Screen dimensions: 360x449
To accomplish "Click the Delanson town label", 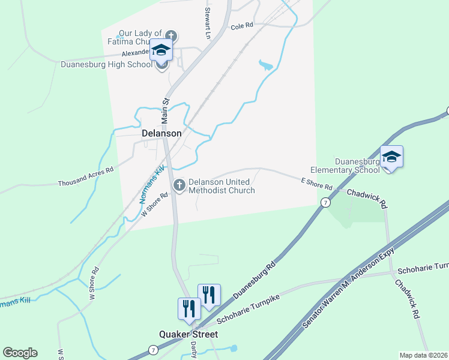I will pyautogui.click(x=161, y=133).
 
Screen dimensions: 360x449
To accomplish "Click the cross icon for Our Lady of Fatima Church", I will pyautogui.click(x=170, y=36).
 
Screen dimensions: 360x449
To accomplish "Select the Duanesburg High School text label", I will pyautogui.click(x=107, y=64).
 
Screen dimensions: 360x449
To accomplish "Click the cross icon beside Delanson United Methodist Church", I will pyautogui.click(x=179, y=186).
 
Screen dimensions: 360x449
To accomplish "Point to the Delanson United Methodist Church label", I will pyautogui.click(x=221, y=186).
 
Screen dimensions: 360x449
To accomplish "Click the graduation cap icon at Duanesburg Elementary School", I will pyautogui.click(x=391, y=157).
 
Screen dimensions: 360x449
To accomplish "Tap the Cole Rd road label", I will pyautogui.click(x=242, y=26).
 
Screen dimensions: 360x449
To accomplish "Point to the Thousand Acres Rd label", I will pyautogui.click(x=85, y=176).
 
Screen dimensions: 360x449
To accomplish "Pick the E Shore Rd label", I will pyautogui.click(x=316, y=184).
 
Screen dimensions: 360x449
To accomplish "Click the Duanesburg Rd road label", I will pyautogui.click(x=255, y=280).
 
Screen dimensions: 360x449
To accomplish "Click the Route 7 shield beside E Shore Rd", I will pyautogui.click(x=325, y=203).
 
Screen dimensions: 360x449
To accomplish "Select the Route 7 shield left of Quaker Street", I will pyautogui.click(x=154, y=350).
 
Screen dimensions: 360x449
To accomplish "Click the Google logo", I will pyautogui.click(x=20, y=353).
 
